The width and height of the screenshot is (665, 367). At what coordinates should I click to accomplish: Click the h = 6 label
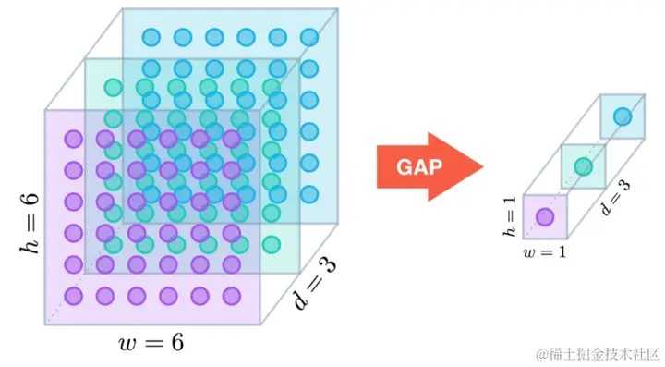(x=30, y=223)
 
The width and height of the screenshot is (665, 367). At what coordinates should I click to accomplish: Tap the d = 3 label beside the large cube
(x=316, y=283)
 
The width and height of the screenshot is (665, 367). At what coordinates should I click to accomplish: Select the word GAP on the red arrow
(x=419, y=166)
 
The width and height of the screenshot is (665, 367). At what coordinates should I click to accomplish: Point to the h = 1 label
(x=509, y=216)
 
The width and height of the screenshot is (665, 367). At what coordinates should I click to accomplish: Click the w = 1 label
(x=545, y=252)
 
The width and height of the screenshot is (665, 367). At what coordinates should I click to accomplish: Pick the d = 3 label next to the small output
(x=615, y=198)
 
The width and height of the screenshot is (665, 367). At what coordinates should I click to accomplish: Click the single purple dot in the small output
(x=545, y=217)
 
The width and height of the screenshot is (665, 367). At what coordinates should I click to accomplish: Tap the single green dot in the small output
(x=584, y=166)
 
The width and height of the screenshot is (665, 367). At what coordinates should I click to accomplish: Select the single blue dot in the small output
(x=623, y=116)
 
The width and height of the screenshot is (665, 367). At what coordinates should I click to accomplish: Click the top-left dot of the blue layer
(x=151, y=37)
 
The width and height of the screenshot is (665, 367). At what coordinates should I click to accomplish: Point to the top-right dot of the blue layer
(x=309, y=37)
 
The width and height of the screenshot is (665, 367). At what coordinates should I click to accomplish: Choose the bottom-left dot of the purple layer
(x=73, y=296)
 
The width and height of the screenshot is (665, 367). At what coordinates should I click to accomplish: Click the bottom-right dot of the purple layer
(x=232, y=296)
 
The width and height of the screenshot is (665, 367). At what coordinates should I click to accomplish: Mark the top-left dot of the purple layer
(x=73, y=139)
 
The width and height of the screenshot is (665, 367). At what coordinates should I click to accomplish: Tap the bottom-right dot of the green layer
(x=272, y=245)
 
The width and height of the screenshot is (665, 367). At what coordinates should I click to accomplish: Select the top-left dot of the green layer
(x=114, y=88)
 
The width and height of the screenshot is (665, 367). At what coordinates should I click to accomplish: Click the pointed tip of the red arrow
(x=483, y=166)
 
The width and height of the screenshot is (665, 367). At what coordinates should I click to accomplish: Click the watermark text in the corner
(x=598, y=354)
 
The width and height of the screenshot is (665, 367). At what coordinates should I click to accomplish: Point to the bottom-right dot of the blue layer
(x=309, y=194)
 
